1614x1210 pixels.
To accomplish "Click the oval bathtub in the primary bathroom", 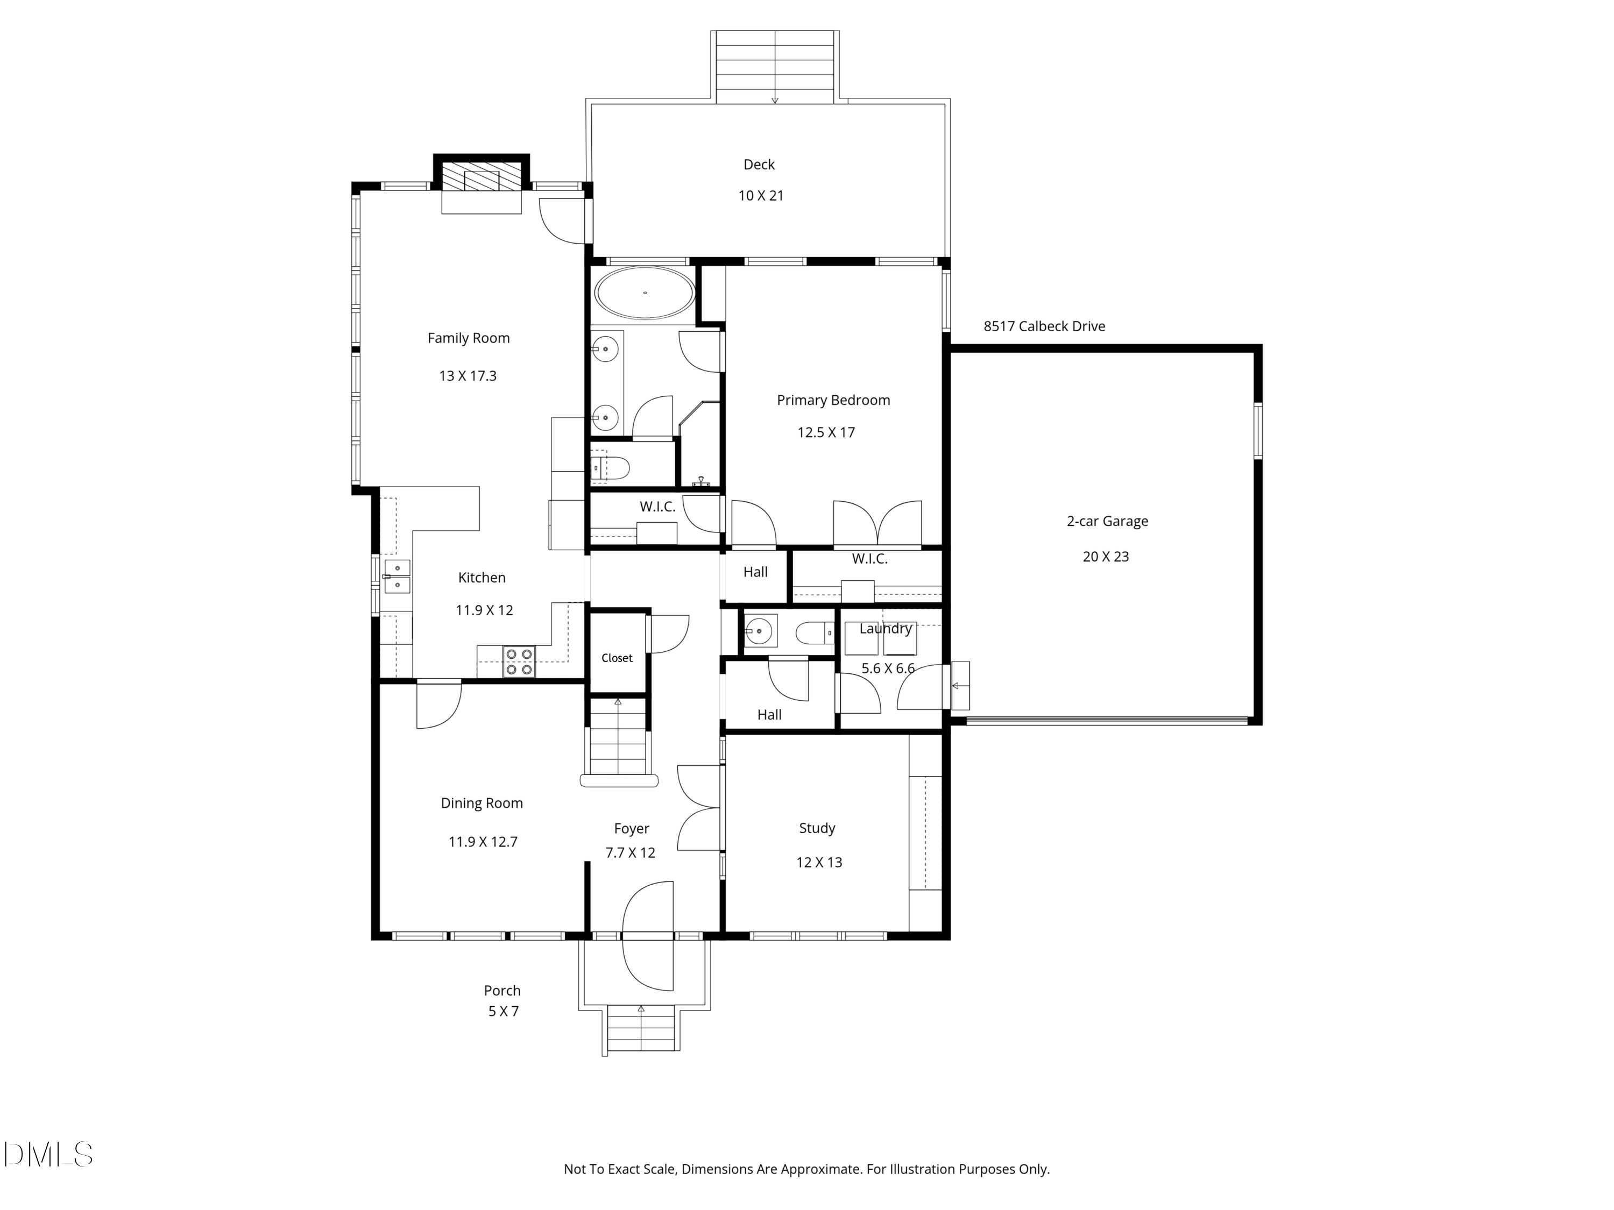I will click(x=645, y=293).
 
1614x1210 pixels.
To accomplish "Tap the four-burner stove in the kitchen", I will click(x=519, y=661).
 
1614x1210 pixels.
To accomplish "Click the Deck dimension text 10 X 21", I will click(x=760, y=195).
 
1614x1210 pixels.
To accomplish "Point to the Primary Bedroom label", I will click(x=833, y=400).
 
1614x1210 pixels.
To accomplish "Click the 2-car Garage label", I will click(x=1107, y=521).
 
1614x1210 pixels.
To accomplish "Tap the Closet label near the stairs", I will click(x=617, y=658).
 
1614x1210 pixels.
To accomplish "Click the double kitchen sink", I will click(x=397, y=575).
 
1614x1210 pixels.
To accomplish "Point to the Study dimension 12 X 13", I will click(x=819, y=862).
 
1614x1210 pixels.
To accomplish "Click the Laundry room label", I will click(x=885, y=628).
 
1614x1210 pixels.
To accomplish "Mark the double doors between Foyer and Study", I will click(x=699, y=807).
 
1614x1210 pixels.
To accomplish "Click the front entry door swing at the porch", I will click(x=648, y=936).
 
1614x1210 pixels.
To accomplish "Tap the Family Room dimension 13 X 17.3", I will click(x=467, y=375).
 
